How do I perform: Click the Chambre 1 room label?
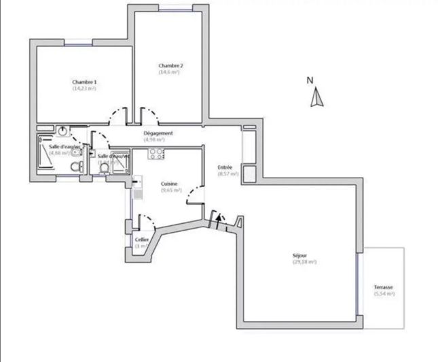[84, 82]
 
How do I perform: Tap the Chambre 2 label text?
[170, 65]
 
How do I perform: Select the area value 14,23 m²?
[84, 88]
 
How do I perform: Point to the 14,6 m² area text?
[169, 71]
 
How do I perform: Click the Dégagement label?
[158, 133]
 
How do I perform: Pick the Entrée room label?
[225, 167]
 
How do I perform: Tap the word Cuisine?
[169, 184]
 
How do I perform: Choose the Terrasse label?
[383, 287]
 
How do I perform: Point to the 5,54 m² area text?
[383, 294]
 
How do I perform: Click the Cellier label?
[141, 240]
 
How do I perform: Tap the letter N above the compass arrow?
[310, 80]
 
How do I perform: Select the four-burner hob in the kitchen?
[157, 154]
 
